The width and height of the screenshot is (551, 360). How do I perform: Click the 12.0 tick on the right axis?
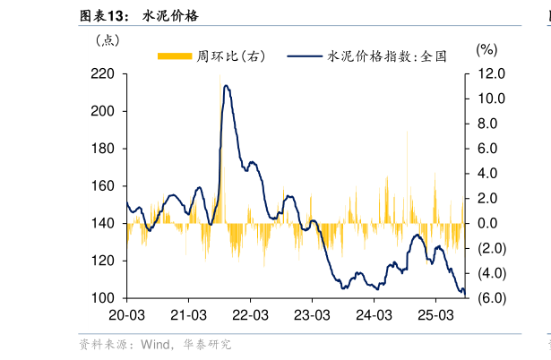click(x=493, y=74)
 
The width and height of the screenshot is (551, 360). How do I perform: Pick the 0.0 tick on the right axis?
click(x=493, y=223)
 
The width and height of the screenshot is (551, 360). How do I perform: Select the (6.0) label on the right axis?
click(x=494, y=297)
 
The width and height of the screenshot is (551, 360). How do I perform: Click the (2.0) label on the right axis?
click(x=494, y=248)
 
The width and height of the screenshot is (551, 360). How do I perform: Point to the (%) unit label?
click(x=486, y=50)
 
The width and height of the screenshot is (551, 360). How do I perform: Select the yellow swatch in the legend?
click(x=175, y=56)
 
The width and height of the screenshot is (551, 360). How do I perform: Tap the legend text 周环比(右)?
click(x=231, y=56)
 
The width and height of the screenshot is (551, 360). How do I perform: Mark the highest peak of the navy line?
click(x=227, y=86)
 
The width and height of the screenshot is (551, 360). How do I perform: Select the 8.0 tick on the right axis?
click(x=493, y=124)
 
